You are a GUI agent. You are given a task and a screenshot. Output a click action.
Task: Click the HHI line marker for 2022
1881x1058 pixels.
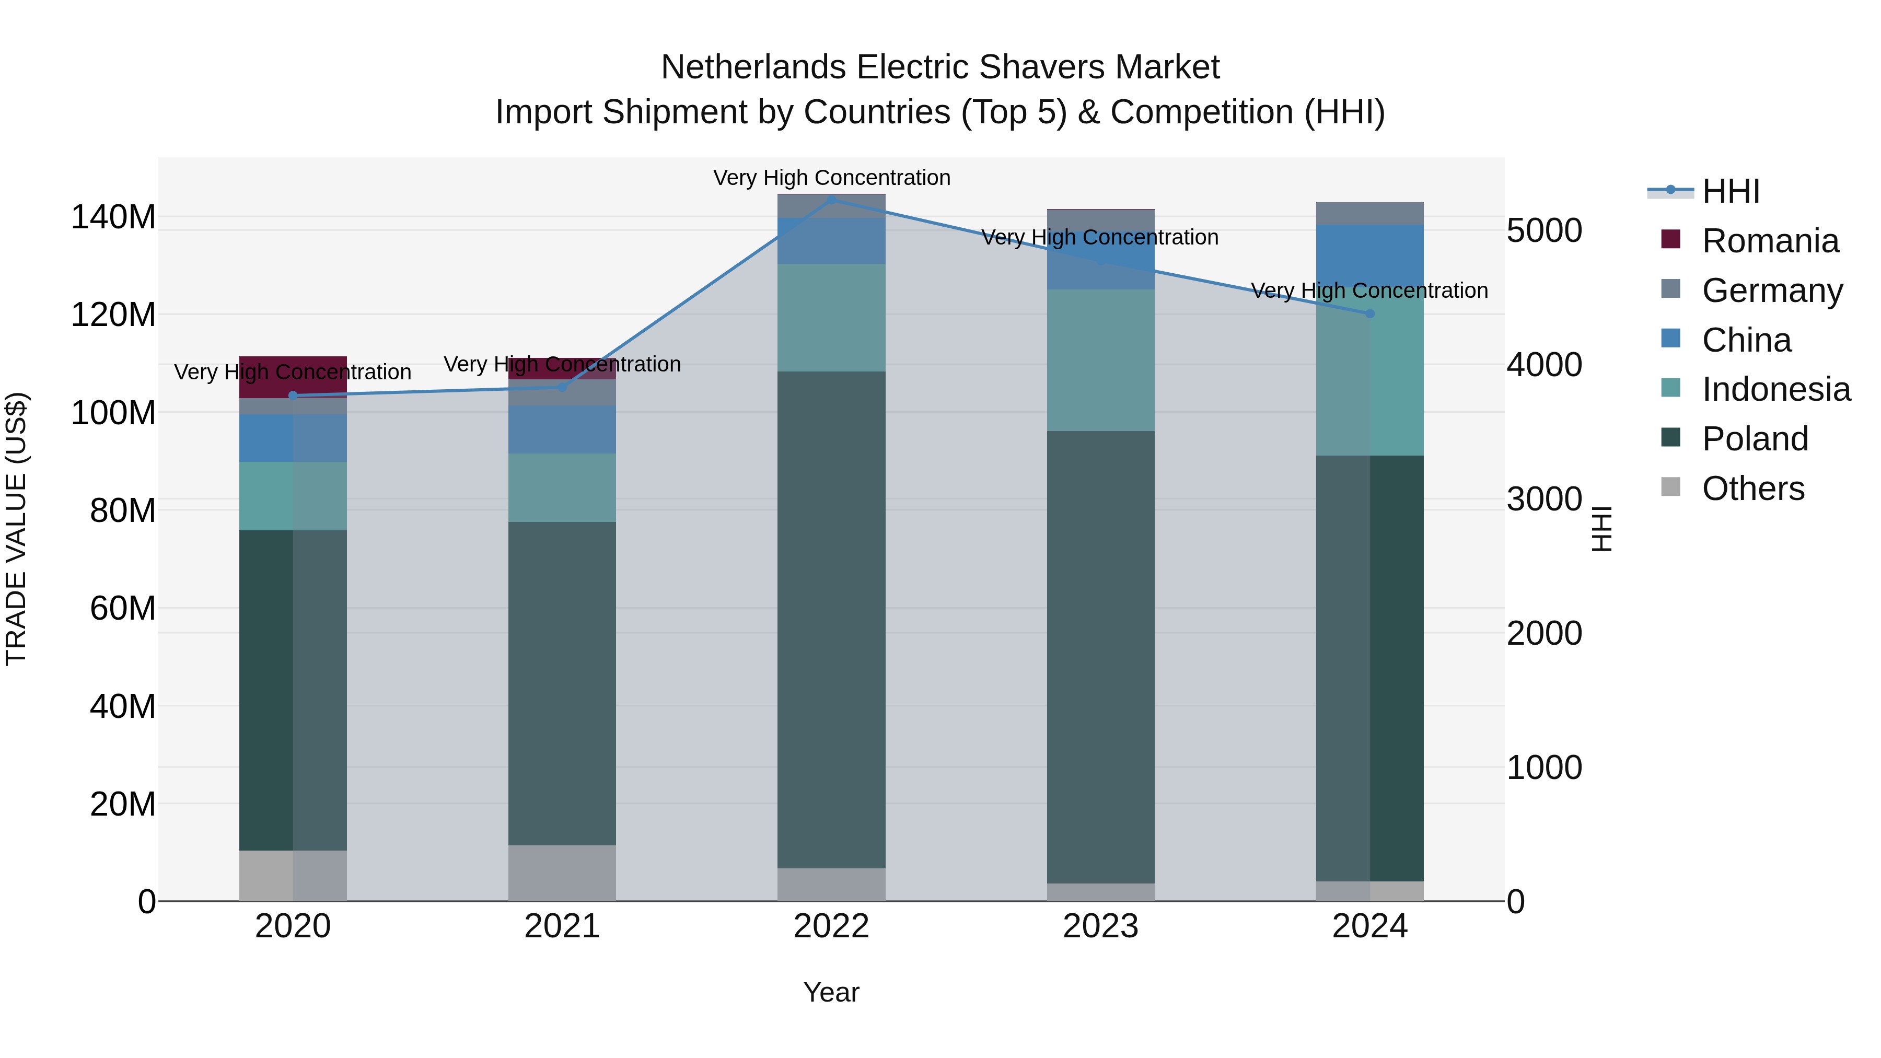[831, 200]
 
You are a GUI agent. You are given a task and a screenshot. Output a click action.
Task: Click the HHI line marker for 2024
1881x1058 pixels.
[1369, 313]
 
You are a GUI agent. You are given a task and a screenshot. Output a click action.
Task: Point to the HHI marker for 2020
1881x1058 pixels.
[293, 396]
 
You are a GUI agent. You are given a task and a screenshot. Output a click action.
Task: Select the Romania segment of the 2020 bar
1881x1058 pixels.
[293, 377]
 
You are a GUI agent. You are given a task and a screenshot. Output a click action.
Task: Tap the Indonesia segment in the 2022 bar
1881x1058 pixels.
[831, 318]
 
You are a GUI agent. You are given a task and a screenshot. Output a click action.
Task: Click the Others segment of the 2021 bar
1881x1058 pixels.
[562, 873]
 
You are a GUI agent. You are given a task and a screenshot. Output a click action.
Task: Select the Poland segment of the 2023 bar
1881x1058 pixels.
[1100, 657]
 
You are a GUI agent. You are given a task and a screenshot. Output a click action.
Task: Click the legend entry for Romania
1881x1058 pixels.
[1769, 241]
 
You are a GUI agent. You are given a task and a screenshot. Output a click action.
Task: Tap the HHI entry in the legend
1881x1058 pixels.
[1730, 191]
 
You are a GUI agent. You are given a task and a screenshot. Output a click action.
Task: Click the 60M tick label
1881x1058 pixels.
[122, 608]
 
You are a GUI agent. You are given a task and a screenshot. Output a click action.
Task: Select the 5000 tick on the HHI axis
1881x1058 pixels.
[1543, 231]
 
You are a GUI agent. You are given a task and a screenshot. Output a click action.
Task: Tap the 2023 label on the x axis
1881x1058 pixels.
[1100, 926]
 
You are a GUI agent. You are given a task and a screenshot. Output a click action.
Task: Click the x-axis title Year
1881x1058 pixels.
[831, 992]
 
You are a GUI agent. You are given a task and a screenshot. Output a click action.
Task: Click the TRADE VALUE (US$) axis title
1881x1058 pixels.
[16, 529]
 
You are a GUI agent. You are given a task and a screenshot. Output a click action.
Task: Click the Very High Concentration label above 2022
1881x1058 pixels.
[831, 178]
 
